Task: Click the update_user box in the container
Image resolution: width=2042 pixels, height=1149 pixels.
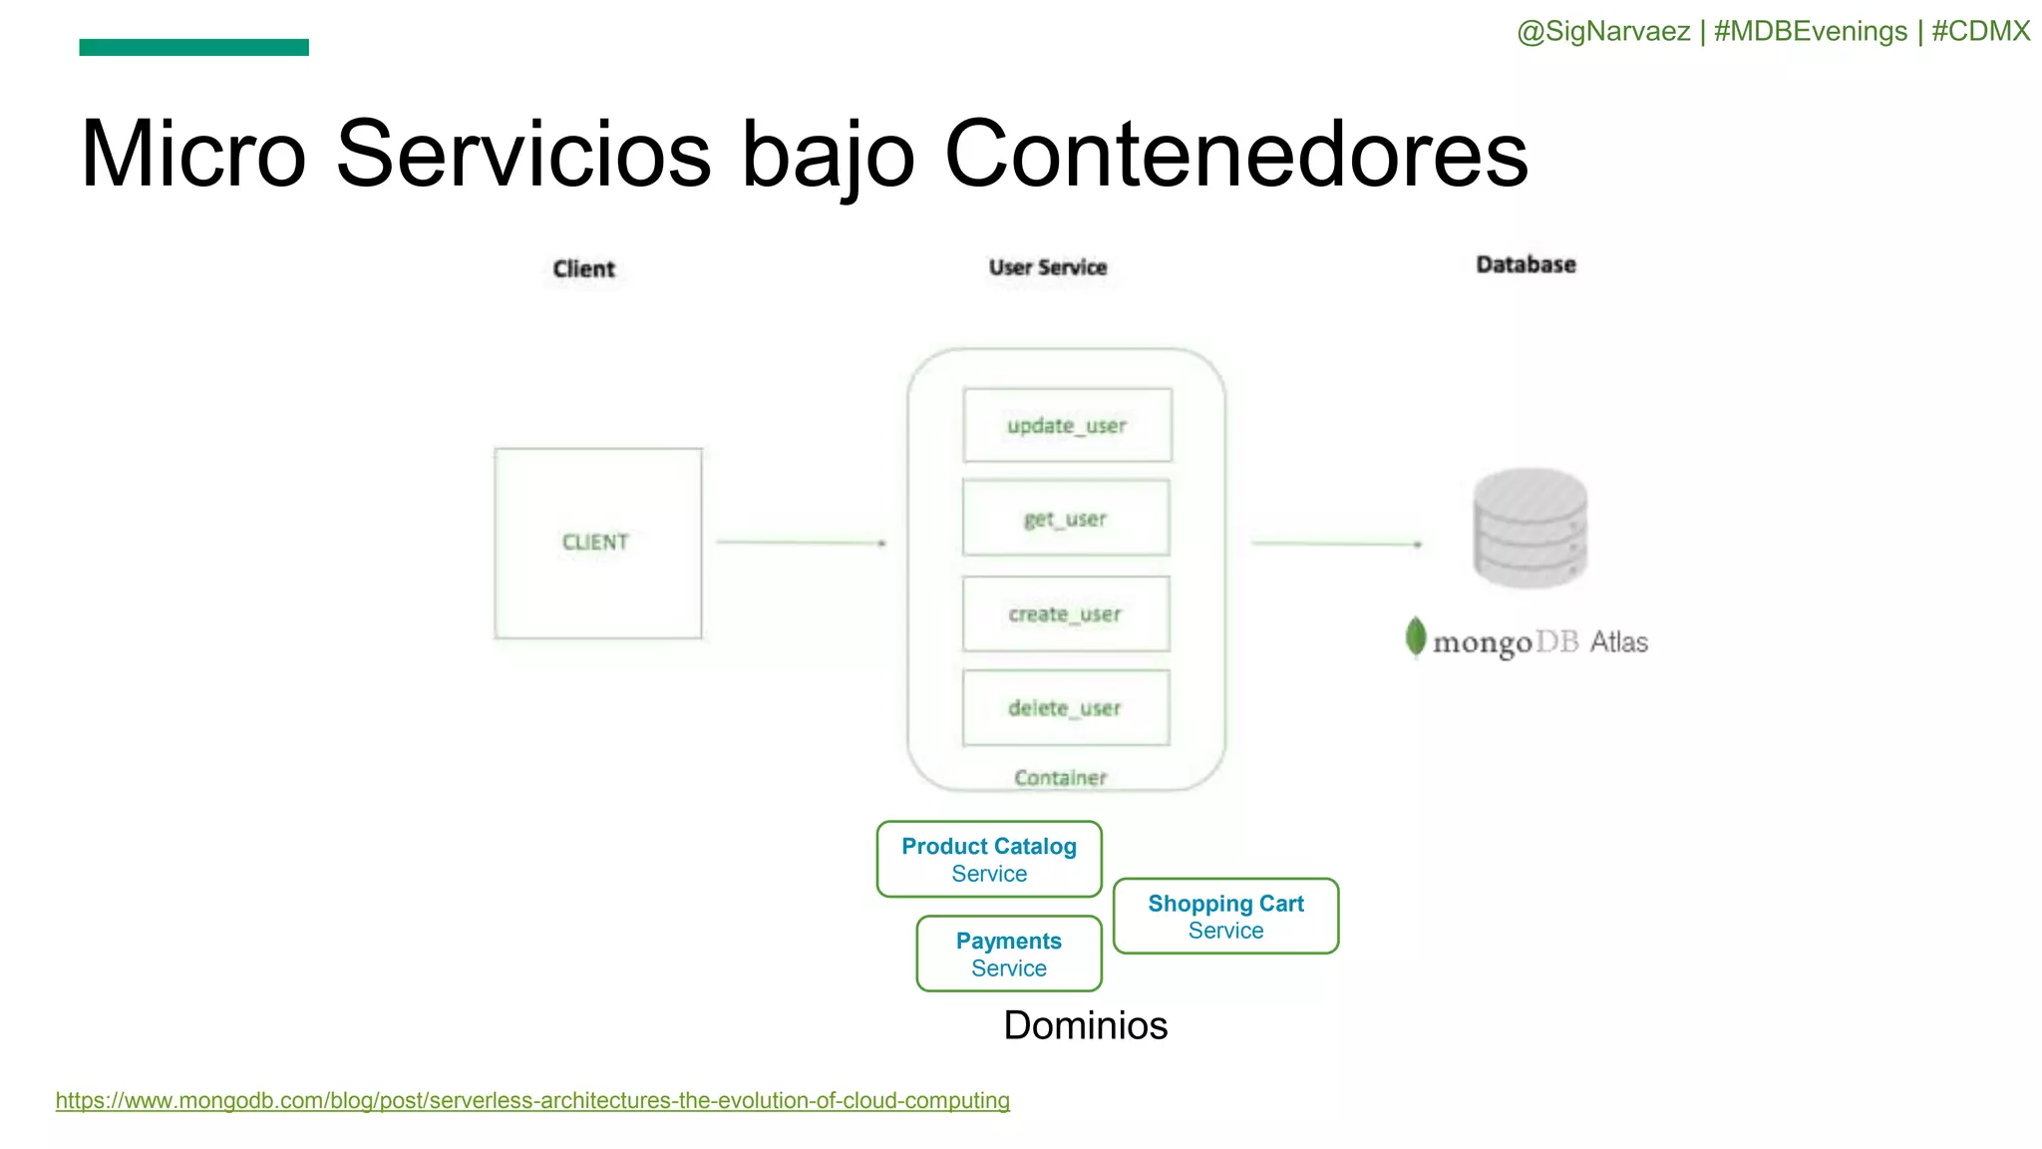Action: click(1067, 426)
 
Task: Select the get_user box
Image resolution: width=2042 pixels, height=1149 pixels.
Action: click(1066, 519)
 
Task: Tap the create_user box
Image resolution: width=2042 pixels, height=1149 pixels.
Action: click(1066, 614)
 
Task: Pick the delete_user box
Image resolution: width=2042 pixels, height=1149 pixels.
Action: click(1066, 708)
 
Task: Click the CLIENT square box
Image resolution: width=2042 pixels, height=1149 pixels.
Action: click(597, 543)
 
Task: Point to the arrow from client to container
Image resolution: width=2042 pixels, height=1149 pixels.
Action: click(801, 543)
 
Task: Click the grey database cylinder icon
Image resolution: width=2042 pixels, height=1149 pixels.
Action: click(1531, 528)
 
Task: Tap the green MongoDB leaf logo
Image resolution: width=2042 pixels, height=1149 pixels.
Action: click(1415, 637)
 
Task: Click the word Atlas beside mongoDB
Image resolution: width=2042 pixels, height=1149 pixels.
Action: click(1618, 642)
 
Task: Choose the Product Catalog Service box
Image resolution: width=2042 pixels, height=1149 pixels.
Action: click(989, 860)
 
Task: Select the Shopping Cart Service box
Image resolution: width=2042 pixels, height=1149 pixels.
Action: click(1225, 917)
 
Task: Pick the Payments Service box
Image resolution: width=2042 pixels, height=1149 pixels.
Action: click(1009, 955)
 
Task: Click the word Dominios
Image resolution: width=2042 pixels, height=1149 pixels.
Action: click(1085, 1025)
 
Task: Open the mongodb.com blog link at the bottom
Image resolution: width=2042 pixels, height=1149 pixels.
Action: click(532, 1101)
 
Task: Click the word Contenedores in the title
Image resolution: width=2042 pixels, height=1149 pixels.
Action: click(1235, 155)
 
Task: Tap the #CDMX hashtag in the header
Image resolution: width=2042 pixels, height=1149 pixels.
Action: click(1980, 32)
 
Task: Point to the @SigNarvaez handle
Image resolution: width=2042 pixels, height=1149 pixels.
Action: click(1603, 32)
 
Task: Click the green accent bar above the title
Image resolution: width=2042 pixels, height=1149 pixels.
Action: click(194, 47)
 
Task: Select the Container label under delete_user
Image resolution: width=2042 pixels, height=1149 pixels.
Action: click(1060, 778)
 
